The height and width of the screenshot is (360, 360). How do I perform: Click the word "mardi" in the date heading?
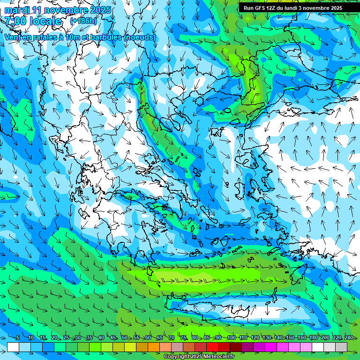[x=17, y=10]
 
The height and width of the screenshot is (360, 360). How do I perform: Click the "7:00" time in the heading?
[x=16, y=21]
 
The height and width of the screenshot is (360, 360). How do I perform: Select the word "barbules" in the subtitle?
[x=102, y=37]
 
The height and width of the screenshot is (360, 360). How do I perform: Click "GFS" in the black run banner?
[x=261, y=8]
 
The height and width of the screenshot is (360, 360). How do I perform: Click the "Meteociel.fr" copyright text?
[x=217, y=357]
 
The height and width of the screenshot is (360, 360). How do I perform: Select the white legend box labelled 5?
[x=13, y=347]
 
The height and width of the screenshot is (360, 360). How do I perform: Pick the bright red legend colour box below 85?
[x=212, y=347]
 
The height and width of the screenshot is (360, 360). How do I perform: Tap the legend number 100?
[x=231, y=337]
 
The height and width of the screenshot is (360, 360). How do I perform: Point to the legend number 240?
[x=348, y=337]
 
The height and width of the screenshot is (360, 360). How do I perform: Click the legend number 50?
[x=125, y=337]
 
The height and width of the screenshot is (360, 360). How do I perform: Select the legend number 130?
[x=266, y=337]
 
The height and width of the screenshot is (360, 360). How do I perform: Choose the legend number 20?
[x=54, y=337]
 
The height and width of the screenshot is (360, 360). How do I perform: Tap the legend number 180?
[x=313, y=337]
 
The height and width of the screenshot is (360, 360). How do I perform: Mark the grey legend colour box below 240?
[x=341, y=347]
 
